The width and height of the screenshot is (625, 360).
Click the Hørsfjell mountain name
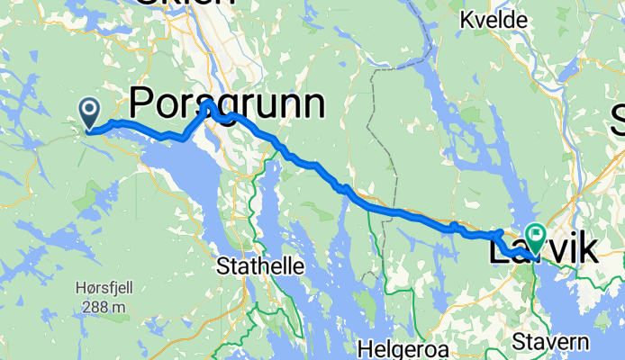coord(103,290)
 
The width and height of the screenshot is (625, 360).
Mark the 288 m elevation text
coord(103,307)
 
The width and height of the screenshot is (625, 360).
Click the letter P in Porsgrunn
coord(145,103)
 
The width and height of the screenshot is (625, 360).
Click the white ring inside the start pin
coord(90,110)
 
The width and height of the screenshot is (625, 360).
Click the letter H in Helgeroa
coord(363,346)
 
